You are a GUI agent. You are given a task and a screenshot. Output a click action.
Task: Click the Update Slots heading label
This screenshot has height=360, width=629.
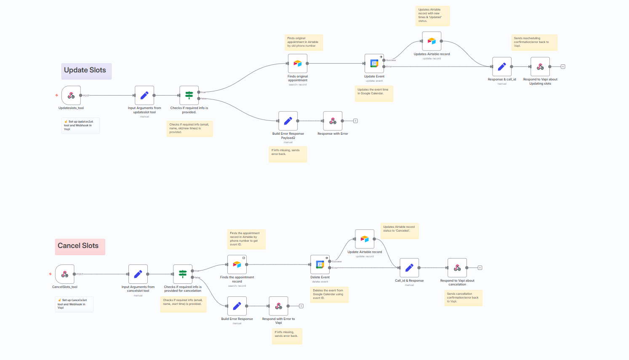(85, 70)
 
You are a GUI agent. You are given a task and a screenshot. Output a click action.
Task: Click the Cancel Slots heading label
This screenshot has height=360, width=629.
(79, 246)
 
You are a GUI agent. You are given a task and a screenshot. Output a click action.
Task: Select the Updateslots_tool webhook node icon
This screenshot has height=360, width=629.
(71, 96)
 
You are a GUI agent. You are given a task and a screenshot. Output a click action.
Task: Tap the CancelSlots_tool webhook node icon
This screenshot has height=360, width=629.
(65, 274)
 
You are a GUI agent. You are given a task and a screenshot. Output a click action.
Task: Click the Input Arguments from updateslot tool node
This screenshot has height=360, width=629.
(144, 96)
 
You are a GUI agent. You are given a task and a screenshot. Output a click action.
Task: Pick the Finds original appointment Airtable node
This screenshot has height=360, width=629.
(298, 64)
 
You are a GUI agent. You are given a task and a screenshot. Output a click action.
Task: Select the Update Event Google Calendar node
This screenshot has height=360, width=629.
(374, 64)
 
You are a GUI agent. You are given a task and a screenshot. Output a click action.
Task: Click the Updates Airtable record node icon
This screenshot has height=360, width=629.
(432, 41)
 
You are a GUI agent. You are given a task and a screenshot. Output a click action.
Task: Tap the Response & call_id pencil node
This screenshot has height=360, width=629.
(502, 67)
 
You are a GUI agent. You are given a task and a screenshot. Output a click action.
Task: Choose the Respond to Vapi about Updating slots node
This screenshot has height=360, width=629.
(540, 67)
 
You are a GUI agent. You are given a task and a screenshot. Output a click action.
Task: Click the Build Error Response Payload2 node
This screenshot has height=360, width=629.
(288, 121)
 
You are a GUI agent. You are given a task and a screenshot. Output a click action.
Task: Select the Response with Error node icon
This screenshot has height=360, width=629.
(333, 121)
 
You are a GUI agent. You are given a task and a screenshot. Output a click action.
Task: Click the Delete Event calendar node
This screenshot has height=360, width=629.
(320, 264)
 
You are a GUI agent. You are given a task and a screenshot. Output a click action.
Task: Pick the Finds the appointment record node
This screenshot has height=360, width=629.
(237, 264)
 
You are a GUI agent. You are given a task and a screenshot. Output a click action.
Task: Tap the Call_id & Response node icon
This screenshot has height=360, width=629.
(409, 268)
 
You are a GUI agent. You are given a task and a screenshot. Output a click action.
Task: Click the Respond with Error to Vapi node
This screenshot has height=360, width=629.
(278, 306)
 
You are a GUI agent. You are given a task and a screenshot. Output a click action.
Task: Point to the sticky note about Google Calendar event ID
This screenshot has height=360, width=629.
(330, 294)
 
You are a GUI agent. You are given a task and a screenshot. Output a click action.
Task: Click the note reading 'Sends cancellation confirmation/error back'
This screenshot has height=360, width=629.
(463, 298)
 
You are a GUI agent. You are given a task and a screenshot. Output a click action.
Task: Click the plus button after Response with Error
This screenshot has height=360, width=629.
(355, 121)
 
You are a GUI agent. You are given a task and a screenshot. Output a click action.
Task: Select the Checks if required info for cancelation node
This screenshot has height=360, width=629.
(183, 274)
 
